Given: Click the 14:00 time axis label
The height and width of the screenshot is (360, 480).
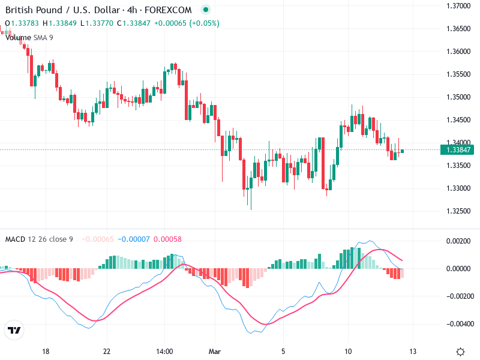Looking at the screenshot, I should point(164,352).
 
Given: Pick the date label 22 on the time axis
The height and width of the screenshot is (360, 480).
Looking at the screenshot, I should point(107,352).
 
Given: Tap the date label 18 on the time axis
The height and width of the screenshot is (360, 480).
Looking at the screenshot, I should point(46,352).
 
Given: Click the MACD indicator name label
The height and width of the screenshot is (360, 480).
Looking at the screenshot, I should point(15,239).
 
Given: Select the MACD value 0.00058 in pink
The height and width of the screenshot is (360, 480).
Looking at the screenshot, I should point(167,239).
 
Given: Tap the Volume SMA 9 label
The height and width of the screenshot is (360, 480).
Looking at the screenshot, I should point(29,37).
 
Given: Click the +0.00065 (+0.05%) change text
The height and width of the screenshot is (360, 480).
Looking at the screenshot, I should point(187,23).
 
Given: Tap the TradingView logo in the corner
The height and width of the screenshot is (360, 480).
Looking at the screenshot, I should point(14,331).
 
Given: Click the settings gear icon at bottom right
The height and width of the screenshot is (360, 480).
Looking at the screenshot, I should point(460,352).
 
